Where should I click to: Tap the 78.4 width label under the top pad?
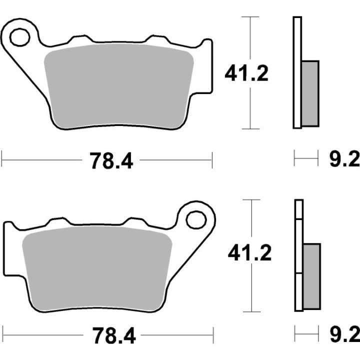[x=111, y=160]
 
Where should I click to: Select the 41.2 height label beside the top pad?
[x=246, y=73]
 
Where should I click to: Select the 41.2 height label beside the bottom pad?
[x=249, y=253]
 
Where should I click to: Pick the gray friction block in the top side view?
[x=310, y=93]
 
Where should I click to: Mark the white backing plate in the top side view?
[x=297, y=72]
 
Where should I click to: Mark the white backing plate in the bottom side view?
[x=298, y=255]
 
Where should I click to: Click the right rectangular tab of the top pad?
[x=205, y=67]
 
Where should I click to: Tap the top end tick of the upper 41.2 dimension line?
[x=250, y=17]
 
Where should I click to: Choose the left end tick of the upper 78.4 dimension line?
[x=2, y=160]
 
